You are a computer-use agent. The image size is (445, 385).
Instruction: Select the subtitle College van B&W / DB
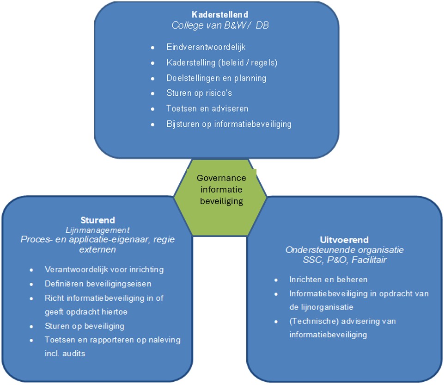click(x=220, y=25)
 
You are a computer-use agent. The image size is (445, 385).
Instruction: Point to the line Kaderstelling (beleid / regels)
click(x=222, y=62)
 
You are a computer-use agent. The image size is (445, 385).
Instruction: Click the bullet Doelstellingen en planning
click(x=216, y=78)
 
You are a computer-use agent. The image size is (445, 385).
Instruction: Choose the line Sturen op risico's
click(x=199, y=93)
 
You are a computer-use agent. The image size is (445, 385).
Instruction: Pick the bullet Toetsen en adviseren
click(x=207, y=109)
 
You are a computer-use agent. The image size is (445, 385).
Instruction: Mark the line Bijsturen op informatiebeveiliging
click(x=229, y=124)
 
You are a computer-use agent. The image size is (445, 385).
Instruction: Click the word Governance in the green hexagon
click(x=221, y=178)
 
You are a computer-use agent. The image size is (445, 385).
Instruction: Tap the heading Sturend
click(x=98, y=220)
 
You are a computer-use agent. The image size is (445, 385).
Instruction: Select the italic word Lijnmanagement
click(x=98, y=230)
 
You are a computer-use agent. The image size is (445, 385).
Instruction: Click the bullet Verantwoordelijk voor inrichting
click(x=104, y=269)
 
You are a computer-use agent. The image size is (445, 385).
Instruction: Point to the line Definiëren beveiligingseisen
click(x=98, y=284)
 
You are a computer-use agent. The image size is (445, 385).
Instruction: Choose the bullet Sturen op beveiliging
click(x=85, y=326)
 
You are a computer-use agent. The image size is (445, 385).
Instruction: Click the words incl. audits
click(x=65, y=354)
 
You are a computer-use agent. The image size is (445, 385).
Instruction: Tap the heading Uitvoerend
click(x=344, y=240)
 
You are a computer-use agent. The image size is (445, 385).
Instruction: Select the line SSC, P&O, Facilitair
click(x=344, y=260)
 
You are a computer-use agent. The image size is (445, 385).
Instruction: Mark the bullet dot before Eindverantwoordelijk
click(x=153, y=47)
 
